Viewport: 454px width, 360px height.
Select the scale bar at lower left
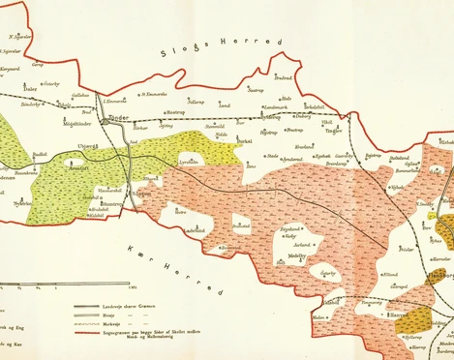click(x=58, y=285)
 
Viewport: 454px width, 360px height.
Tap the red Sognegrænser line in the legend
click(x=97, y=329)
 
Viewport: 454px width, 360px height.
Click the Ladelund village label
click(x=195, y=230)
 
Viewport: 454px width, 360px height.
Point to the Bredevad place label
click(x=283, y=77)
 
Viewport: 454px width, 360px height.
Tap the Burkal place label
click(x=245, y=140)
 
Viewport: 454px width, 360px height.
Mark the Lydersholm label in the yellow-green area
click(x=192, y=163)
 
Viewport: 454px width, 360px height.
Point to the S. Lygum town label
click(x=142, y=195)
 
